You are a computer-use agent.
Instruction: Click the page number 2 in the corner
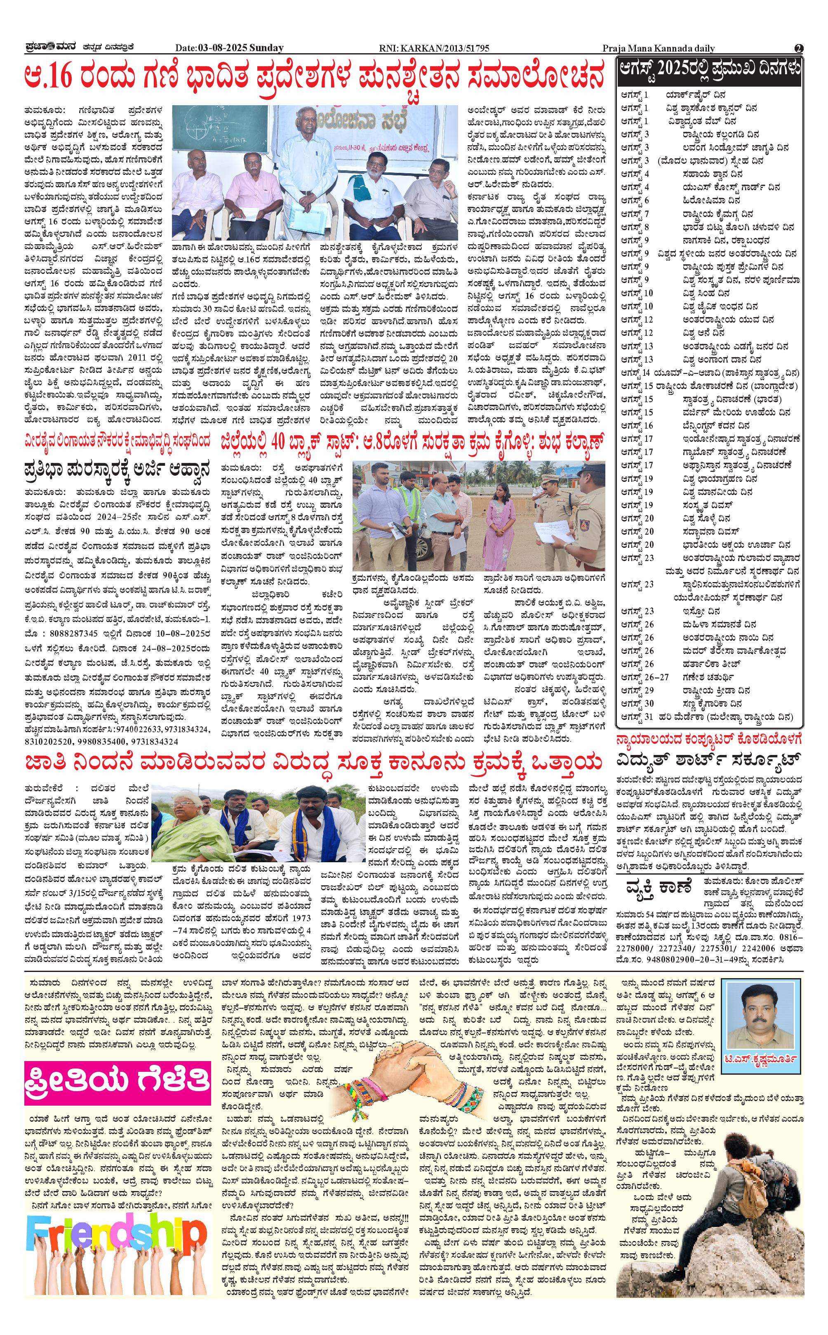point(798,48)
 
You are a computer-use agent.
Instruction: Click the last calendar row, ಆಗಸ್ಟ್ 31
point(706,717)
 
